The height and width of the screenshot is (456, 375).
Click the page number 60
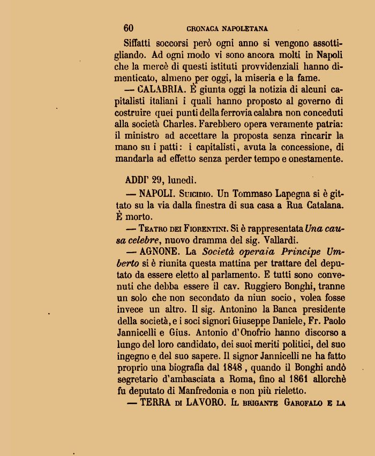[129, 28]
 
